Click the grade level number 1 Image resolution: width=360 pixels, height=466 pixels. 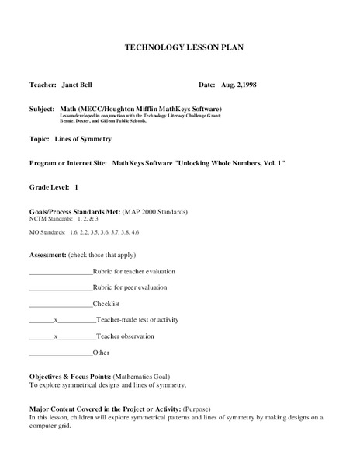point(77,187)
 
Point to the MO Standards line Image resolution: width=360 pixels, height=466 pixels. point(84,232)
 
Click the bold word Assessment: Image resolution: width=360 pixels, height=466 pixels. point(47,254)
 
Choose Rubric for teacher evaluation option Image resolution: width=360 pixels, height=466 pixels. point(133,271)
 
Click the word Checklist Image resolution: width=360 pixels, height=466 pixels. point(106,304)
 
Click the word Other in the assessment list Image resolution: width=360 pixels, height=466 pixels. point(101,353)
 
